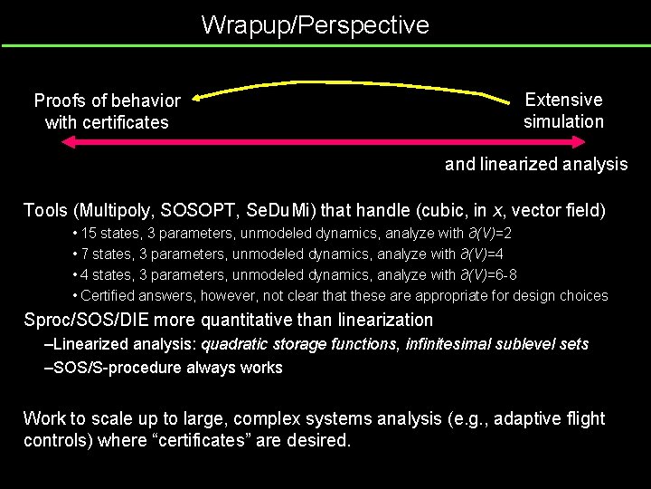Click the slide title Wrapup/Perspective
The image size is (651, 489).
[315, 24]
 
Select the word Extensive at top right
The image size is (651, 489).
[563, 100]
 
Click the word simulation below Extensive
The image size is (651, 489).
[563, 121]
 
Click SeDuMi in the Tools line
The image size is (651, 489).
[279, 211]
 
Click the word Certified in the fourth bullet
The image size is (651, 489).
[109, 295]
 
